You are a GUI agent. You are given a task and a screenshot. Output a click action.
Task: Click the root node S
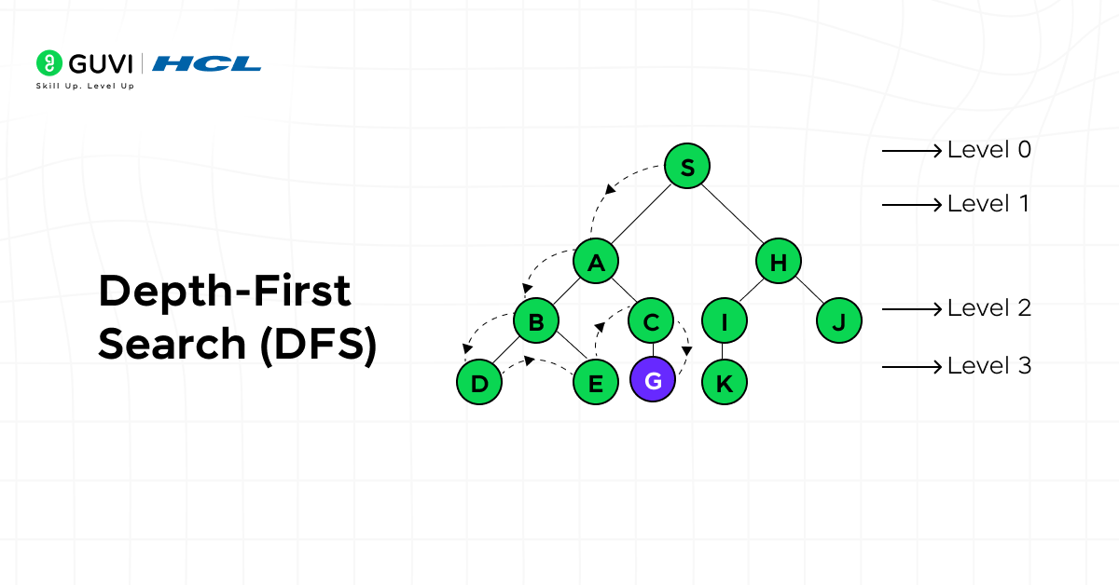coord(687,167)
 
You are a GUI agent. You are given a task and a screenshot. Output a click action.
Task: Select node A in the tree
coord(596,263)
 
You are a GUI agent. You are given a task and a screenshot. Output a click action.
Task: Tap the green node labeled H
coord(779,263)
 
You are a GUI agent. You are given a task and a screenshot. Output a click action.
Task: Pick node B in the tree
coord(536,322)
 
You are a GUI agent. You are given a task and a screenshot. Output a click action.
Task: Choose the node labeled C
coord(652,322)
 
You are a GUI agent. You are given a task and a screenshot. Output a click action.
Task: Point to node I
coord(724,322)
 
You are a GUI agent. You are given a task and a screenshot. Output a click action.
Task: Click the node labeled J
coord(838,322)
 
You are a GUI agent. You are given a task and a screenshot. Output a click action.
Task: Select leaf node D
coord(480,381)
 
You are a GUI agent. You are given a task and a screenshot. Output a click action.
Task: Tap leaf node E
coord(595,381)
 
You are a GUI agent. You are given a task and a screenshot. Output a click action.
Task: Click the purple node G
coord(653,381)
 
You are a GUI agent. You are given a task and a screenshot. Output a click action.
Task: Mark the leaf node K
coord(724,381)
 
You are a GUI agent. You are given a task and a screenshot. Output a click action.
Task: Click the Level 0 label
coord(988,150)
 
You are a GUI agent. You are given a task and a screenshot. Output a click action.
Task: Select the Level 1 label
coord(988,204)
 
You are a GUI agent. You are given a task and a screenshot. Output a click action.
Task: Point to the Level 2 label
coord(988,308)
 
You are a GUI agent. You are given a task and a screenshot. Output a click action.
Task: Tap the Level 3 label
coord(988,366)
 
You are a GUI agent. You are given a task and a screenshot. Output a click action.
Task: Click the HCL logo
coord(206,63)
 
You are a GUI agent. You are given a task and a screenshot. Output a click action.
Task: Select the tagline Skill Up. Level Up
coord(85,86)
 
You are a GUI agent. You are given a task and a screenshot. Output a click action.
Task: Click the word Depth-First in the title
coord(224,292)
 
